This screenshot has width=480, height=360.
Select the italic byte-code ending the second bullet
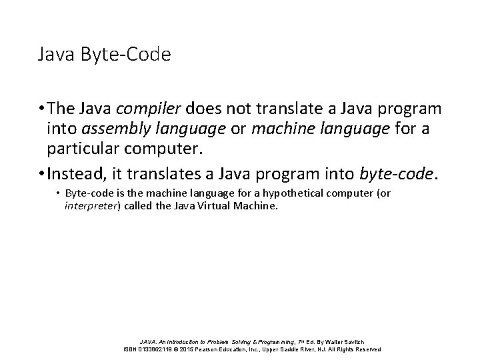point(396,174)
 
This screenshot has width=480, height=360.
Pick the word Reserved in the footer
point(367,349)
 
